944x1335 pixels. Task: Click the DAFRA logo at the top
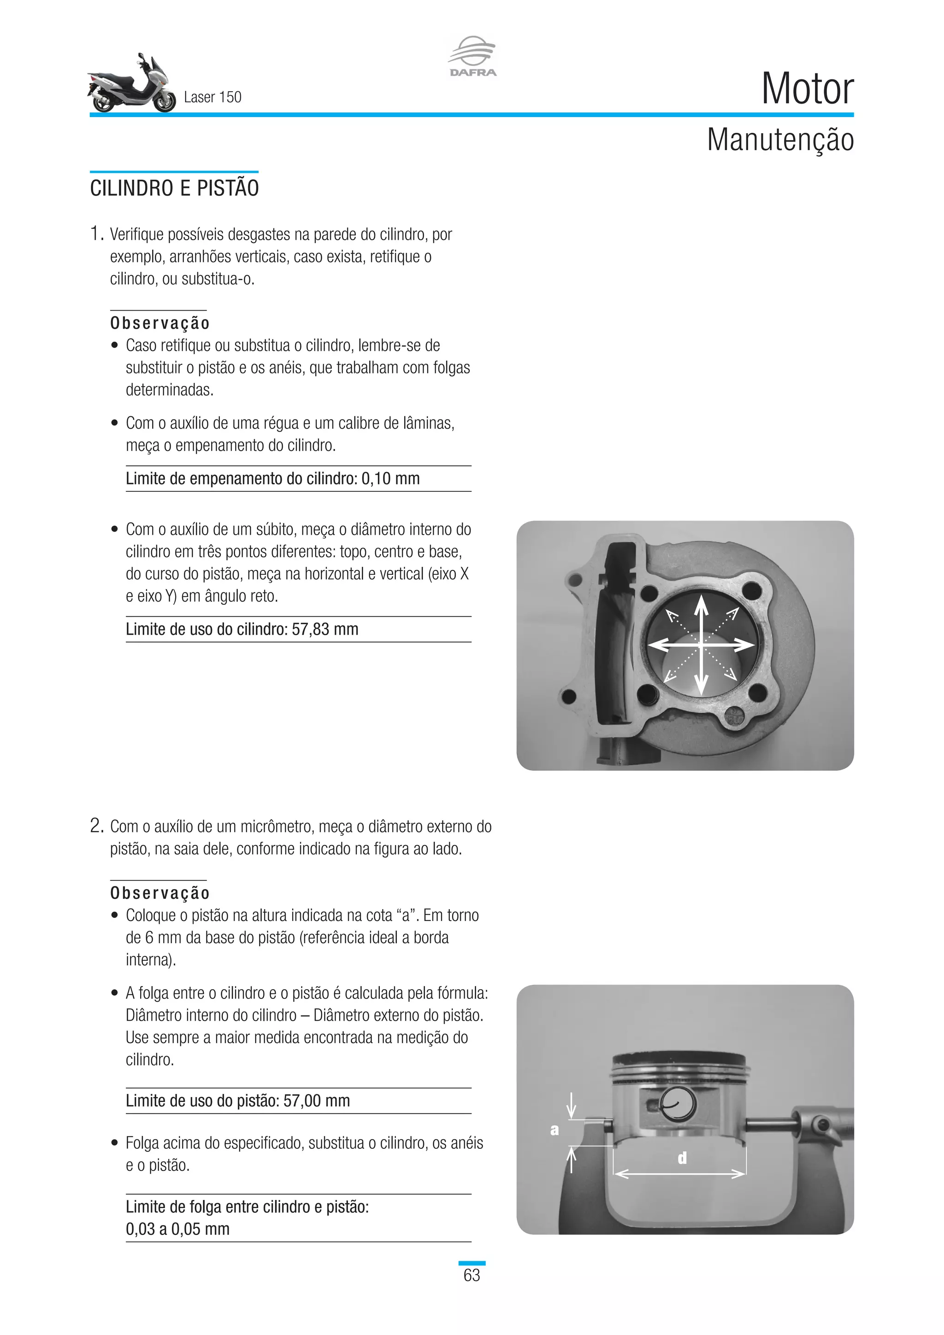tap(472, 56)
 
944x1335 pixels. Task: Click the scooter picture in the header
tap(131, 84)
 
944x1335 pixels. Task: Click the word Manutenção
tap(780, 140)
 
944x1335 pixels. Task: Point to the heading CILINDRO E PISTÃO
tap(174, 189)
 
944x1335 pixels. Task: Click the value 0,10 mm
tap(390, 478)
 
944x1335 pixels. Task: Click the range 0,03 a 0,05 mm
tap(177, 1229)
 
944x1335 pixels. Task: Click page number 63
tap(472, 1275)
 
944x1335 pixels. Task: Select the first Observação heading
tap(160, 323)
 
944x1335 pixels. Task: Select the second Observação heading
tap(160, 892)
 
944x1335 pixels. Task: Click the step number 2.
tap(96, 826)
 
